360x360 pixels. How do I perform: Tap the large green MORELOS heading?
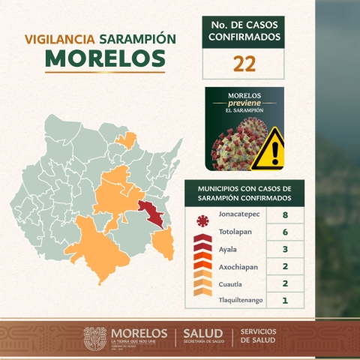[x=105, y=58]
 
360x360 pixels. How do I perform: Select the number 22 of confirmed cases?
[x=244, y=64]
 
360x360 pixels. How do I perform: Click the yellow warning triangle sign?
[x=268, y=147]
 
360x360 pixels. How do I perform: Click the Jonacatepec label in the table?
[x=240, y=215]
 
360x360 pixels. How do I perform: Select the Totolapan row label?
[x=238, y=233]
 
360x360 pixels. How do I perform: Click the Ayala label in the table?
[x=229, y=250]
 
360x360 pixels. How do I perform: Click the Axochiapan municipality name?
[x=241, y=267]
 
